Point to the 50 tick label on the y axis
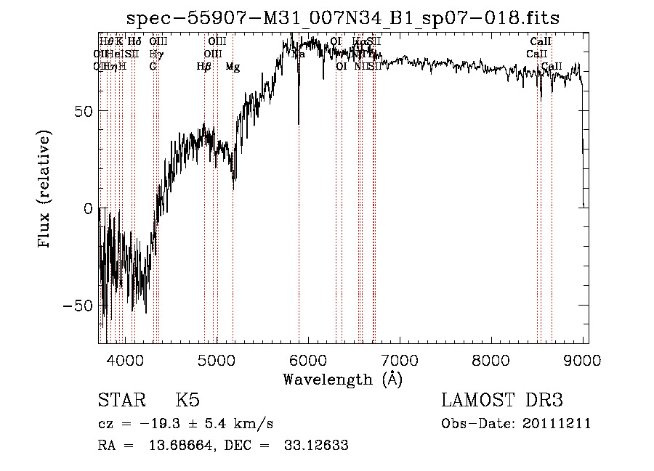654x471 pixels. tap(81, 111)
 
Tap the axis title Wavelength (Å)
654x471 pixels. tap(342, 379)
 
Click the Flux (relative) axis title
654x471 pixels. tap(45, 189)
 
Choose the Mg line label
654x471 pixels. tap(233, 67)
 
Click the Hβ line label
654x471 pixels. tap(204, 67)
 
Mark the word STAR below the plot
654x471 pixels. tap(120, 401)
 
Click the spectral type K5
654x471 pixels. tap(187, 401)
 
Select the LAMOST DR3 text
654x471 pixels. tap(501, 401)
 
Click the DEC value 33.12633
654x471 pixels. tap(318, 445)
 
